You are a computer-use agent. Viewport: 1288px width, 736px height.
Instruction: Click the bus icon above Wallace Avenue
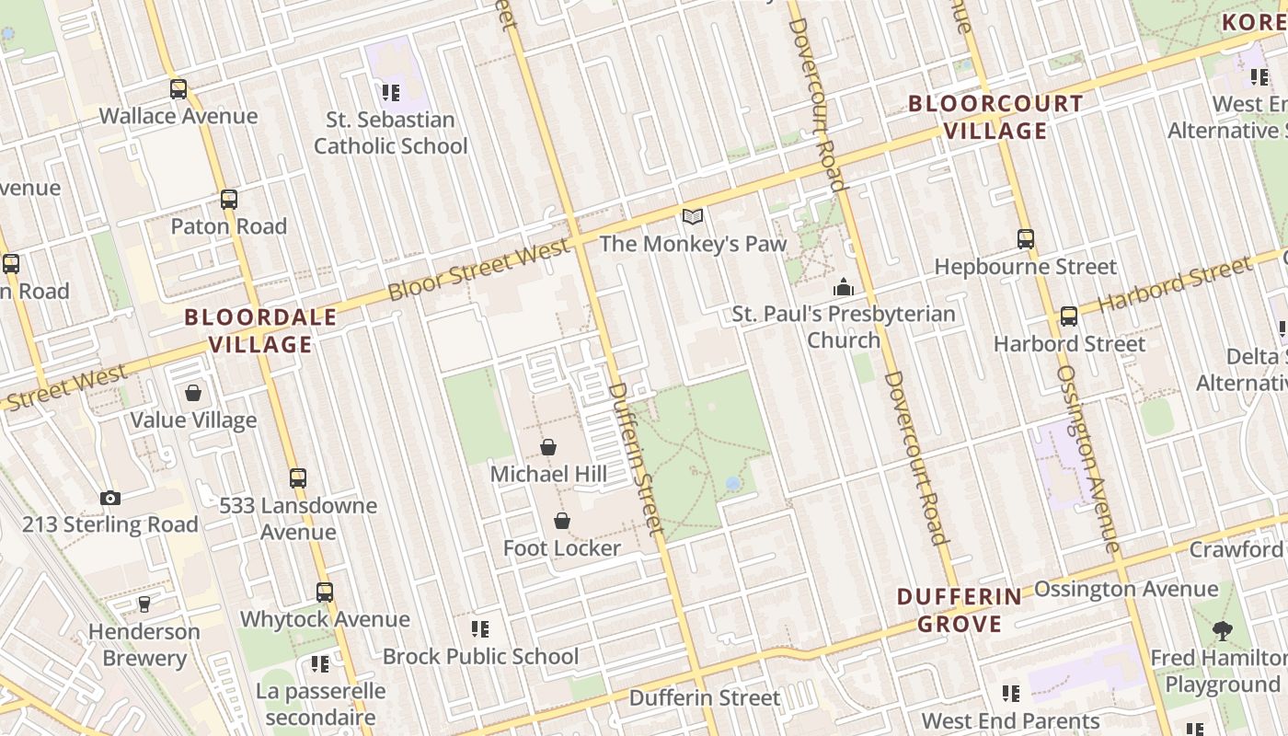(x=178, y=89)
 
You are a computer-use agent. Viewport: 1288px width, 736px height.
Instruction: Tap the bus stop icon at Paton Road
(x=229, y=200)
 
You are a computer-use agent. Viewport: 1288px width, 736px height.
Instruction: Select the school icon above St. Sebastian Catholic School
(x=391, y=93)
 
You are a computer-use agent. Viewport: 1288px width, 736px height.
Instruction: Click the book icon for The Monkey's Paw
(x=693, y=217)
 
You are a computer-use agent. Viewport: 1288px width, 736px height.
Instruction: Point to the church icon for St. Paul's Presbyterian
(x=843, y=287)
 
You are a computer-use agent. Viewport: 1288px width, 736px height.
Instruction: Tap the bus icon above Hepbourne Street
(x=1026, y=239)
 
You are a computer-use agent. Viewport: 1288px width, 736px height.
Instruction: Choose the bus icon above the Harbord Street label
(x=1069, y=316)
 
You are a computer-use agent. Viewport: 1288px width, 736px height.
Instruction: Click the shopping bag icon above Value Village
(x=193, y=394)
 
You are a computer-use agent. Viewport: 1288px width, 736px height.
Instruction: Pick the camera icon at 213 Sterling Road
(x=110, y=498)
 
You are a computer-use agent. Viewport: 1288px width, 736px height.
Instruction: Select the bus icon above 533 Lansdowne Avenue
(x=298, y=478)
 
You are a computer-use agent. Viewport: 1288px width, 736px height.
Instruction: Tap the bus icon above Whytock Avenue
(x=325, y=592)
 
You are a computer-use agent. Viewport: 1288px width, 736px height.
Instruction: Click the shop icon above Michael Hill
(x=548, y=447)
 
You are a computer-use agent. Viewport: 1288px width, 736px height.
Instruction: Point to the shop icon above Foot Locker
(x=562, y=521)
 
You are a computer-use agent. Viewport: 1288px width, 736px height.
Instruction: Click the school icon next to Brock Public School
(x=480, y=629)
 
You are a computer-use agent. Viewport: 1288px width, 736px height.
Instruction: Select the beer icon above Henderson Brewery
(x=144, y=604)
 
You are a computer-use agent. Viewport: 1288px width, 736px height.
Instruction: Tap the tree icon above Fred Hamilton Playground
(x=1223, y=631)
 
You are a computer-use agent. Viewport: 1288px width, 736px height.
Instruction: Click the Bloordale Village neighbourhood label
(x=261, y=331)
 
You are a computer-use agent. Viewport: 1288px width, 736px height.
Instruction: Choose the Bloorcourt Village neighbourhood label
(x=996, y=117)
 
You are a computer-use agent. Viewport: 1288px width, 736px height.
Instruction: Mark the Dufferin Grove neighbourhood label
(x=960, y=610)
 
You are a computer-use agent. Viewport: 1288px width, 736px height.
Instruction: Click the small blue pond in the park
(x=733, y=483)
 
